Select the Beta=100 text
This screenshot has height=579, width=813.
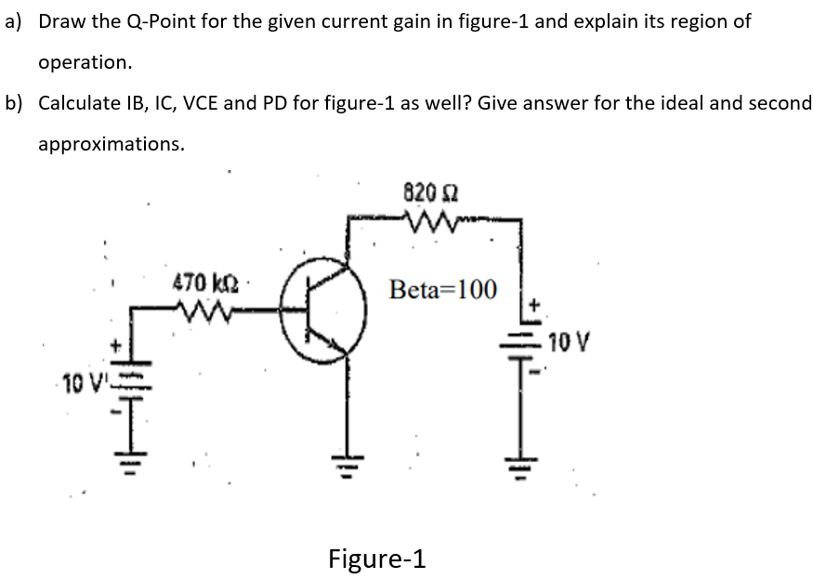pos(444,289)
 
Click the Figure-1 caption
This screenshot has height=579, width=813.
pos(377,559)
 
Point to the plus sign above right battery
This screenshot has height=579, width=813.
pos(534,304)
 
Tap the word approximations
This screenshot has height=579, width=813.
pos(111,144)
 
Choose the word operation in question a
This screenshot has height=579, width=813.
pos(85,62)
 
